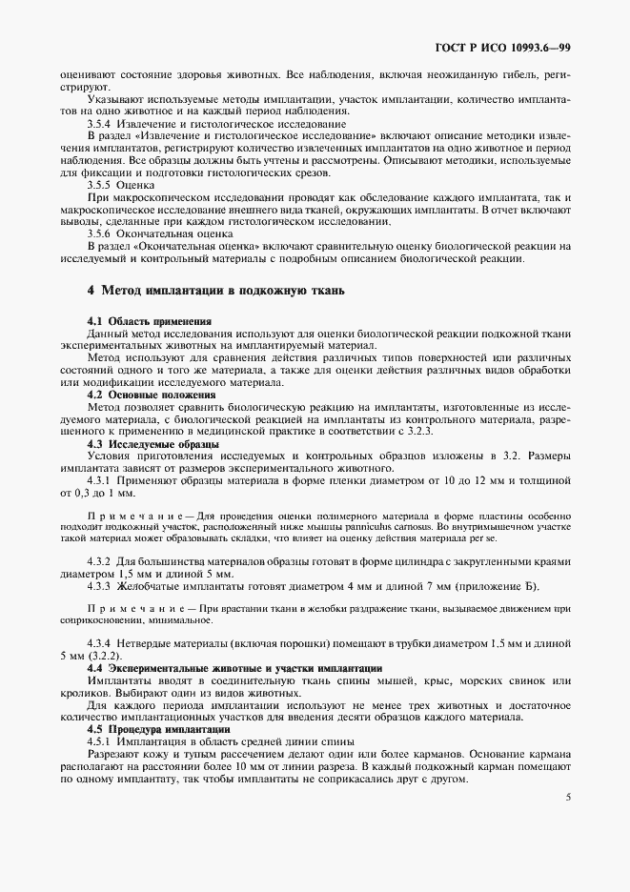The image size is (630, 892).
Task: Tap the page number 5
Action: [567, 798]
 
